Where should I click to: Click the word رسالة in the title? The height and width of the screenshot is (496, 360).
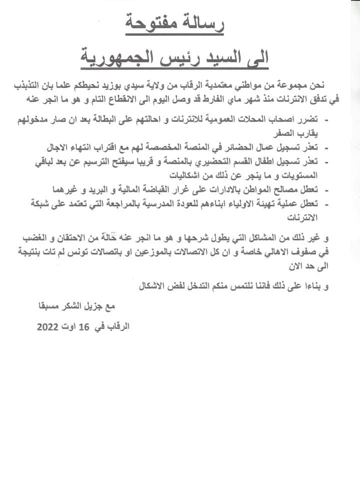[200, 24]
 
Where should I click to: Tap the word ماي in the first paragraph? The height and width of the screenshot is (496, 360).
[210, 99]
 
